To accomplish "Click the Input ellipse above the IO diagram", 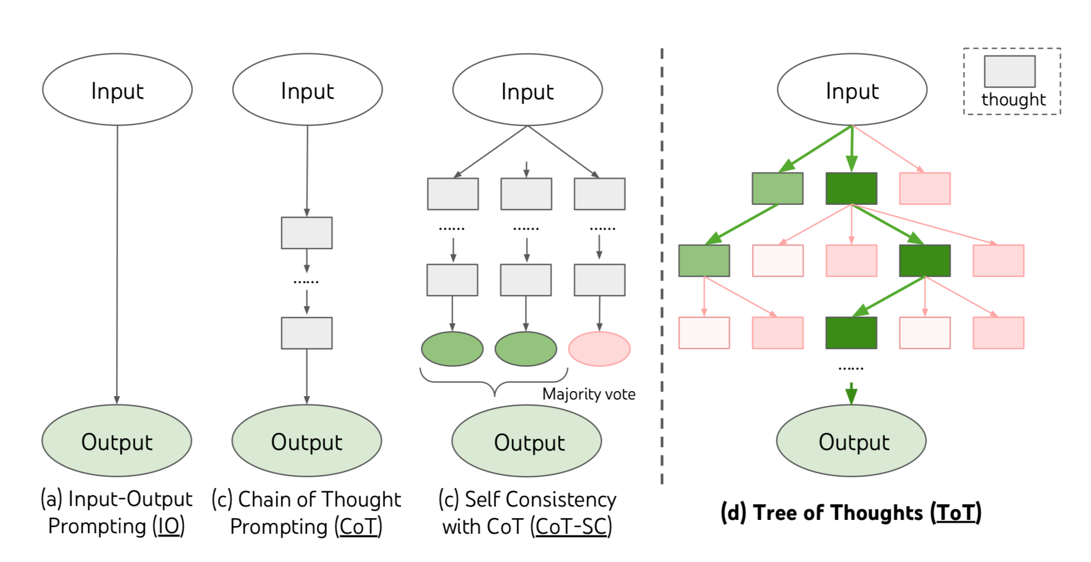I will point(117,90).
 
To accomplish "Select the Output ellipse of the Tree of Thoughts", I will point(851,441).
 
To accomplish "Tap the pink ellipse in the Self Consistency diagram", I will point(599,349).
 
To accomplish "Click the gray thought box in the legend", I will point(1009,72).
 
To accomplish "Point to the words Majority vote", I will point(589,394).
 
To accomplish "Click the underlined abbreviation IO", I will point(169,526).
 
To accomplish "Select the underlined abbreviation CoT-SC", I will point(571,526).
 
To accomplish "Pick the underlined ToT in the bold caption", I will point(956,513).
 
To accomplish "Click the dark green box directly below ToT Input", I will point(851,189).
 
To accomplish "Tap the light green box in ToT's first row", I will point(777,189).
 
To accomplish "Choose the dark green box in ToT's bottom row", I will point(851,333).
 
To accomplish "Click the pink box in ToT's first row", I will point(925,189).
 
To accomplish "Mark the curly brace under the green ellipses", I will point(494,382).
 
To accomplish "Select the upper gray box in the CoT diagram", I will point(307,233).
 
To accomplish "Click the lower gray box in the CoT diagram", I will point(307,333).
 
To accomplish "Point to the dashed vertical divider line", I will point(662,266).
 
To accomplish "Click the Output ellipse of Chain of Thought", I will point(307,441).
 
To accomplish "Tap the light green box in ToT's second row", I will point(704,261).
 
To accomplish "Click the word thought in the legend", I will point(1013,100).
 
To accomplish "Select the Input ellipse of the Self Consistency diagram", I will point(527,90).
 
